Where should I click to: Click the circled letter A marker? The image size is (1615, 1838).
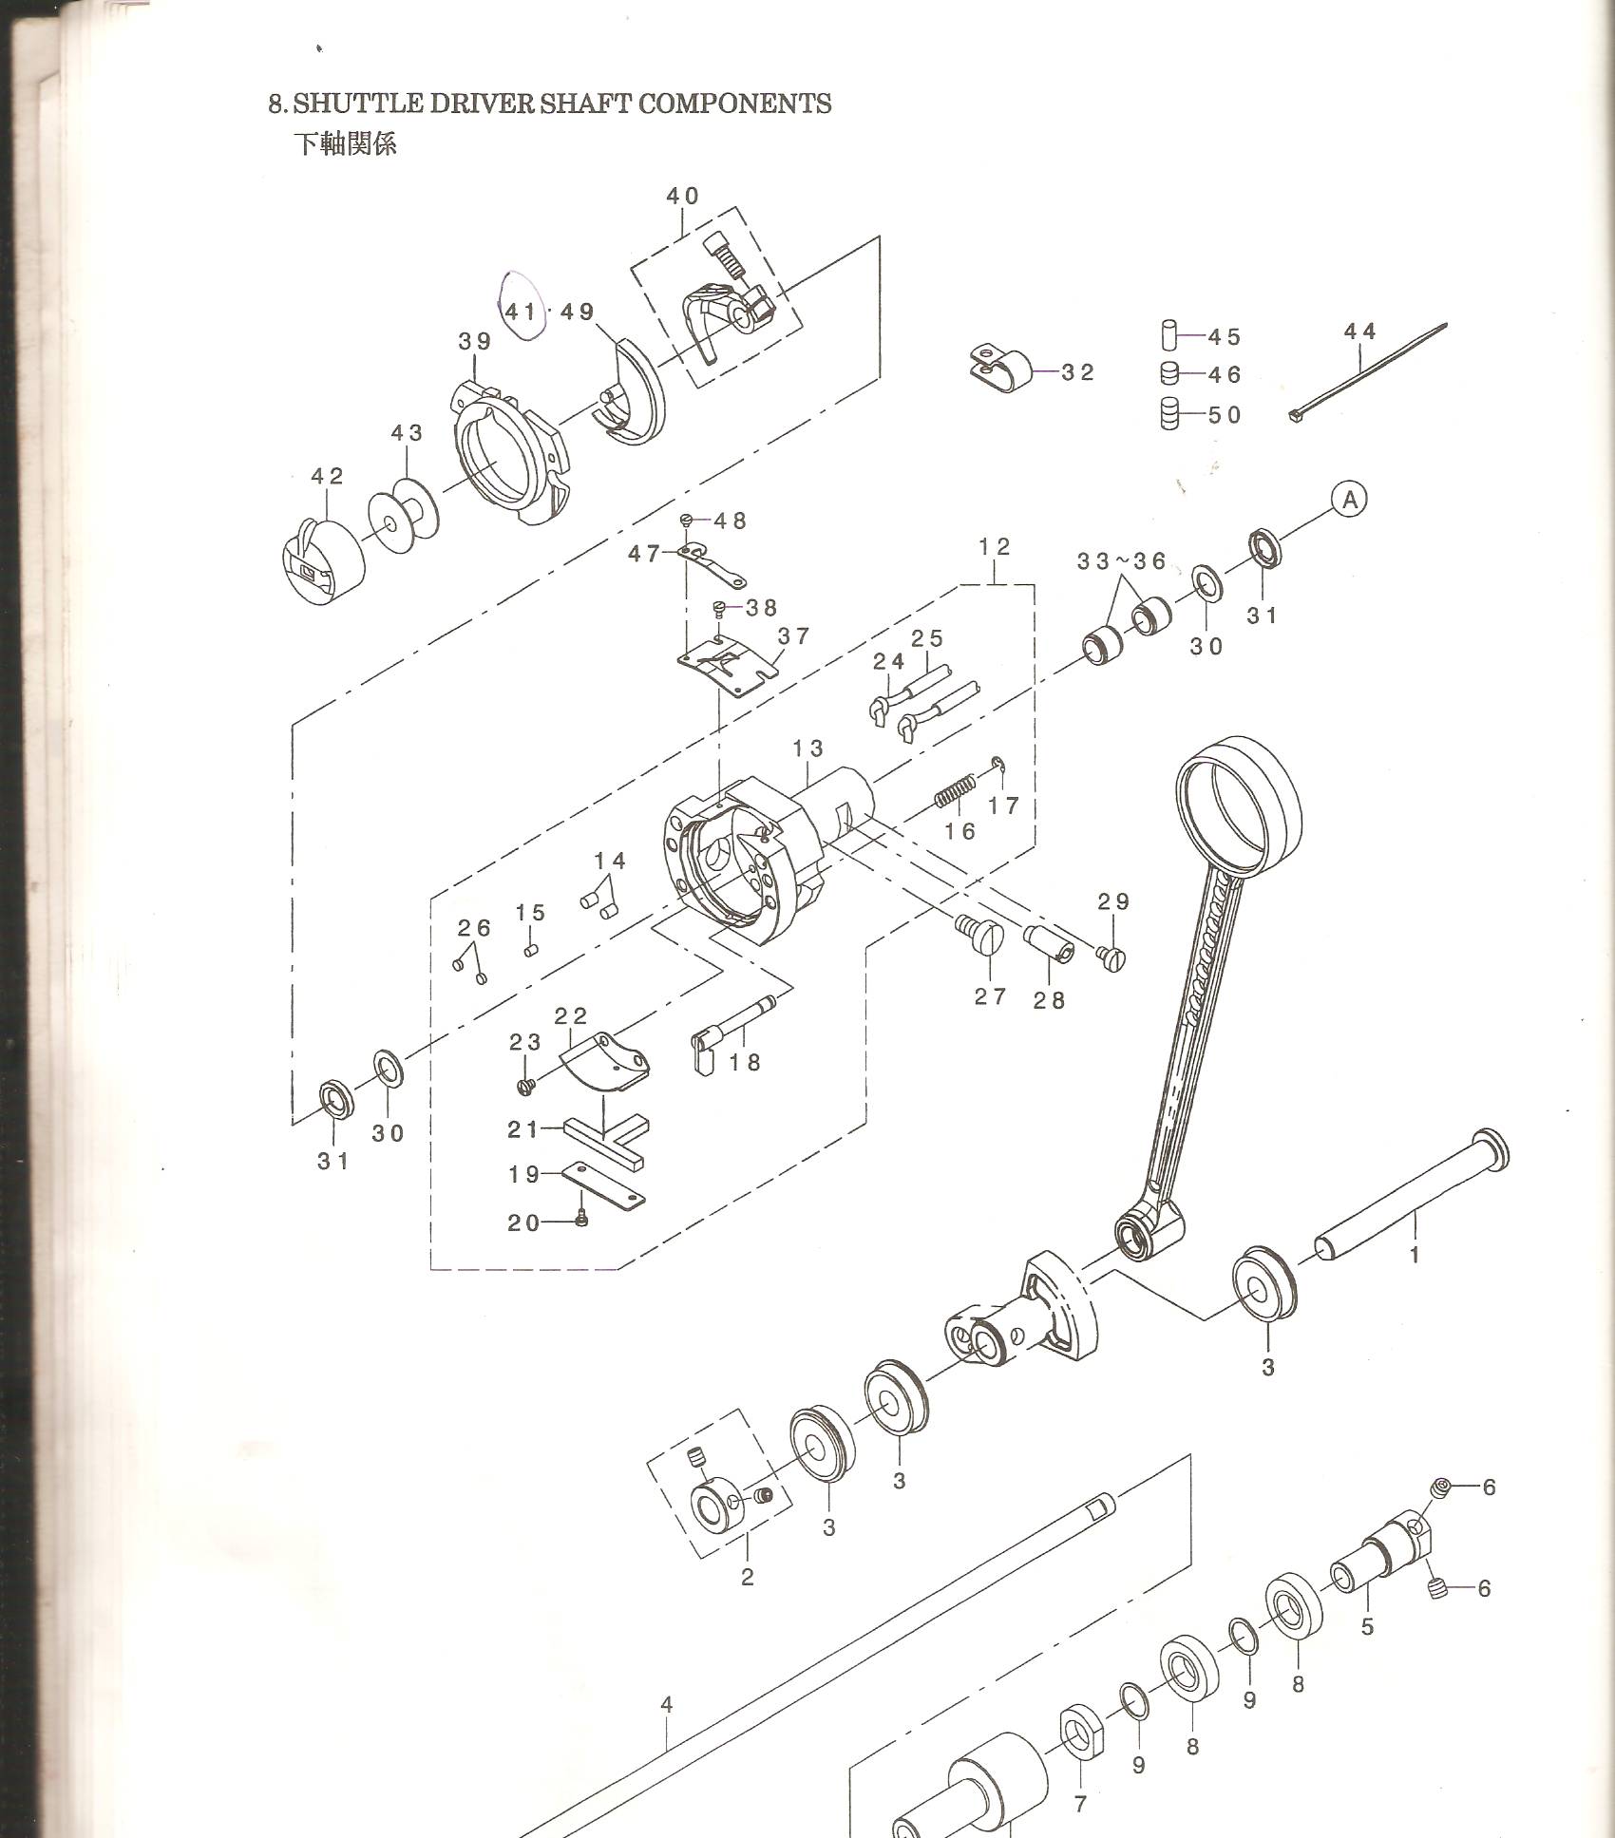point(1349,499)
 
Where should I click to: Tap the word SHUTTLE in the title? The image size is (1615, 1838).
point(358,104)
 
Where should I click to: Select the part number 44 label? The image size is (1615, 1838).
point(1360,332)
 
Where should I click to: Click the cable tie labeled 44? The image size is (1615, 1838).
point(1368,373)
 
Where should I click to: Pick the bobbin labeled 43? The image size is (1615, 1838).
point(404,519)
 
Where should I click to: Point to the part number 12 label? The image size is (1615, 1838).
point(995,547)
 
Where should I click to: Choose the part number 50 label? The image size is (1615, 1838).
point(1225,415)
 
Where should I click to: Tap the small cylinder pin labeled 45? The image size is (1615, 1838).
point(1169,336)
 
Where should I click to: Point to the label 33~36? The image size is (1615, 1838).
point(1121,561)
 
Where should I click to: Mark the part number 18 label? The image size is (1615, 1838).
point(746,1062)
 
